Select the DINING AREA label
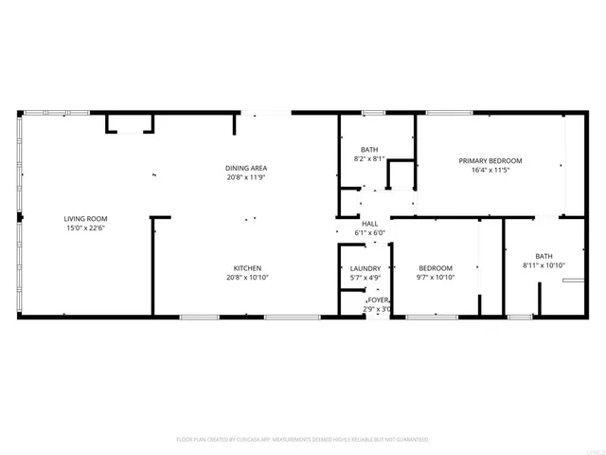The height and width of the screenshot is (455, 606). pos(246,167)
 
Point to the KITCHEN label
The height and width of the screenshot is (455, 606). pos(247,268)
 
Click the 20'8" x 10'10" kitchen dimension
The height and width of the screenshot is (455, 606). pos(247,279)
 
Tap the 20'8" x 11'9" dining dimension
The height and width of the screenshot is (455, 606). pos(246,177)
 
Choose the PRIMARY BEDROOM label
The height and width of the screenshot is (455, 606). pos(490,161)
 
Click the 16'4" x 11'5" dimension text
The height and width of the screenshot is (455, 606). pos(490,172)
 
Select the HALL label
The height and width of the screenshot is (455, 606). pos(369,223)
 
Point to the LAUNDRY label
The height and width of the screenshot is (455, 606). pos(365,268)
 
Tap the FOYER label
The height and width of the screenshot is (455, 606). pos(378,300)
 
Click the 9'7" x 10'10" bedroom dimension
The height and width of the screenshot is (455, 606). pos(436,279)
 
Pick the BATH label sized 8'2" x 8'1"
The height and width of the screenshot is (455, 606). pos(369,150)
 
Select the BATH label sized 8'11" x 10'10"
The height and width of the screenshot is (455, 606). pos(544,256)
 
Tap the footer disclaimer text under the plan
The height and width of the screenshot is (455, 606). pos(303,440)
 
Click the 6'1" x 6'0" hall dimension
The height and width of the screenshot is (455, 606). pos(369,233)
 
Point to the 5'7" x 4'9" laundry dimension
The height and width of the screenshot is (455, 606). pos(365,279)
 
